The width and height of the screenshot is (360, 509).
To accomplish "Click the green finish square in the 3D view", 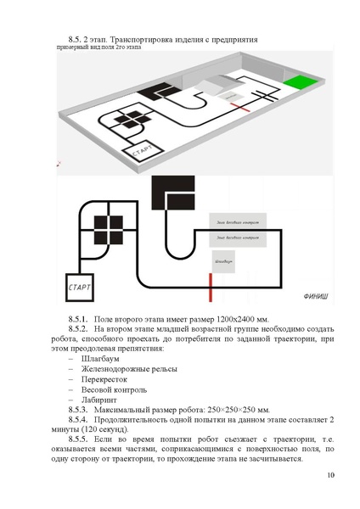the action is (298, 84).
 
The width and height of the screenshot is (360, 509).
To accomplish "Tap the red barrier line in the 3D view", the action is (245, 108).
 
